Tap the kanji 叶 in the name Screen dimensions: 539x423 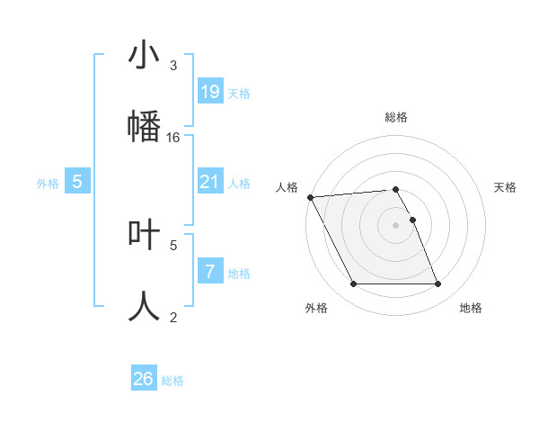click(145, 235)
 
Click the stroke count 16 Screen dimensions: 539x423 click(173, 137)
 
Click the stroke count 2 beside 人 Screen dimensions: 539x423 click(173, 316)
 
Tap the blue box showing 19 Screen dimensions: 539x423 click(209, 92)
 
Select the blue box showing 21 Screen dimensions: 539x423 click(209, 182)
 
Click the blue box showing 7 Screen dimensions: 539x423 click(209, 271)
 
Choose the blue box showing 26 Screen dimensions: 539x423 click(144, 379)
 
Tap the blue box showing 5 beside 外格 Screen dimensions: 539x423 click(77, 182)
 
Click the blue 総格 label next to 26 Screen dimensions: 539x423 click(172, 381)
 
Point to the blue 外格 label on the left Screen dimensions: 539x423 click(48, 184)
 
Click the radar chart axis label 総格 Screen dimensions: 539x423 click(396, 117)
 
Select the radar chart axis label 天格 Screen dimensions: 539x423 click(506, 187)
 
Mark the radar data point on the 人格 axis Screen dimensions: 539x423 click(310, 197)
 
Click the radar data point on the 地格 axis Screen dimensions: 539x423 click(437, 284)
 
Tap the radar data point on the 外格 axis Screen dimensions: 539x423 click(353, 284)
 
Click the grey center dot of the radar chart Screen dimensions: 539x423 click(396, 225)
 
